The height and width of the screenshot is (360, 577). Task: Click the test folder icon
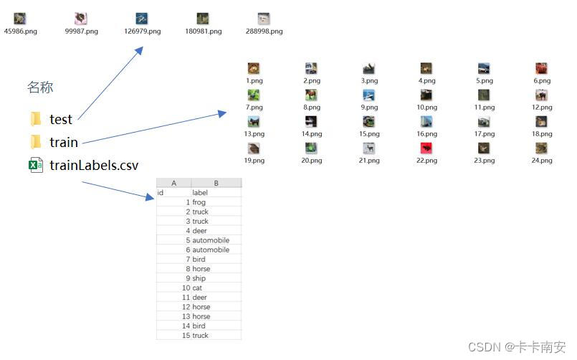36,119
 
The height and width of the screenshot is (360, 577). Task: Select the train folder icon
36,142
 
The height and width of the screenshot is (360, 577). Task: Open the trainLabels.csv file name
94,166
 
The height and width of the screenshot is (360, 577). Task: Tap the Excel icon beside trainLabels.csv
35,166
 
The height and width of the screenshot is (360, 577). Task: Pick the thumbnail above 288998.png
264,19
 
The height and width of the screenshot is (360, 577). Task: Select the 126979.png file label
142,32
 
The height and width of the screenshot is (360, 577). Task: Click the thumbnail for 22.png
426,148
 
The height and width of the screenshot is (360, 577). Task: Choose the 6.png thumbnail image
542,69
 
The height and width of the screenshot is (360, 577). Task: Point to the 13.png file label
254,134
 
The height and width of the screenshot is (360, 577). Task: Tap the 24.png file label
542,161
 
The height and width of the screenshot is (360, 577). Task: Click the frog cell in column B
199,203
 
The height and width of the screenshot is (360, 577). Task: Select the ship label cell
199,278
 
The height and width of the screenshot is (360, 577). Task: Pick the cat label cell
197,288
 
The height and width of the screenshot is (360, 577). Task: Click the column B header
216,184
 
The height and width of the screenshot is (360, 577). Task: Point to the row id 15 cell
186,336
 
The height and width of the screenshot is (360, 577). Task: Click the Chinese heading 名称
40,87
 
